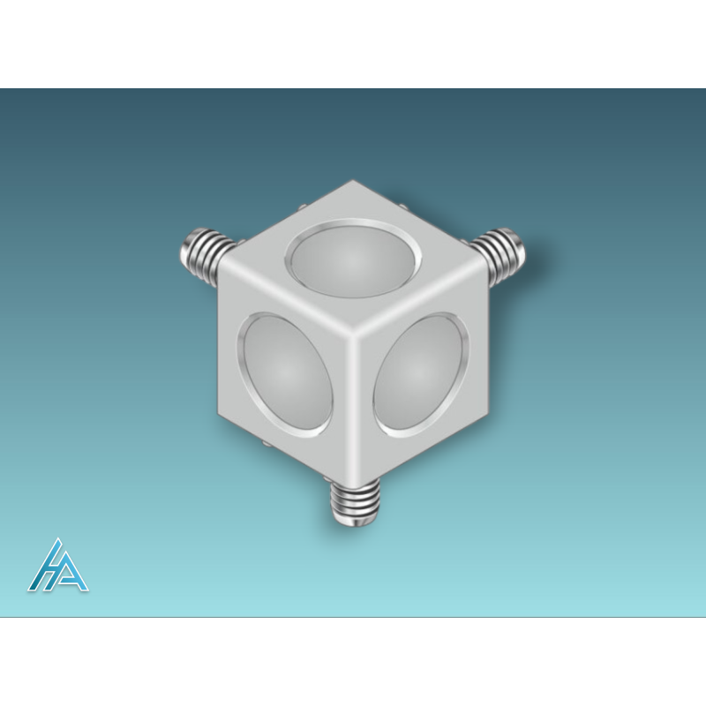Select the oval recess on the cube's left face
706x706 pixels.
click(x=285, y=375)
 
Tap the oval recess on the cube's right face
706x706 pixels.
click(x=421, y=375)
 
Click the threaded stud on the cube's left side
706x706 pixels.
click(x=207, y=255)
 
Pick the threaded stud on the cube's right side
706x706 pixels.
click(x=499, y=255)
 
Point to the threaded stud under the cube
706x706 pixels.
click(x=355, y=502)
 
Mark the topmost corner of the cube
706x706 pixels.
click(x=352, y=181)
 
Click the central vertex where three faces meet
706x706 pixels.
click(x=354, y=334)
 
